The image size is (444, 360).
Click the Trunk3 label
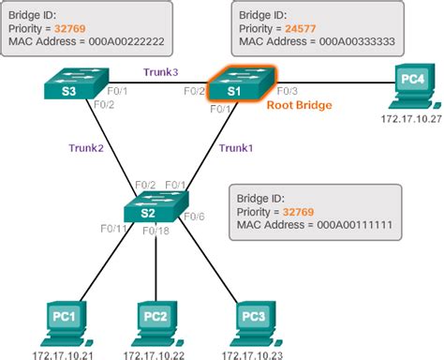click(x=159, y=71)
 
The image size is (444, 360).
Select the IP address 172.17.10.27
click(x=406, y=122)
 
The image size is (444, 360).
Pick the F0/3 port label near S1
click(x=287, y=90)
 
